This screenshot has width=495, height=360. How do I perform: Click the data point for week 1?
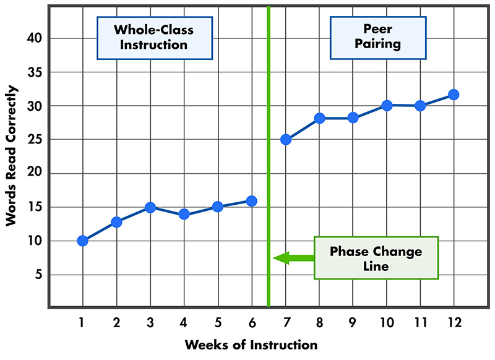pyautogui.click(x=82, y=241)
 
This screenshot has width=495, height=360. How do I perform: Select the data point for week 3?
pyautogui.click(x=150, y=207)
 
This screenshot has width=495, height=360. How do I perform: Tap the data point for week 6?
pyautogui.click(x=251, y=200)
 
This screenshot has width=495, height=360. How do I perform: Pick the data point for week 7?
pyautogui.click(x=285, y=139)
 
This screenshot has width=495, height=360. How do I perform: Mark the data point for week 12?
pyautogui.click(x=454, y=95)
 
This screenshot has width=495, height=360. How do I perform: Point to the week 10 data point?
pyautogui.click(x=386, y=105)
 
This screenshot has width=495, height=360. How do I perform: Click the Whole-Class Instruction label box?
pyautogui.click(x=153, y=37)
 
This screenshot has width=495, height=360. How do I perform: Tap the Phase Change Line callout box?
pyautogui.click(x=376, y=258)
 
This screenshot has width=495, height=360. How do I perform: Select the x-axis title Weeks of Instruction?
pyautogui.click(x=251, y=345)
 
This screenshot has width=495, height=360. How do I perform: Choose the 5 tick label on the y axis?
pyautogui.click(x=37, y=275)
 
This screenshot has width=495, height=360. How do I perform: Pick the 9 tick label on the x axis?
pyautogui.click(x=352, y=322)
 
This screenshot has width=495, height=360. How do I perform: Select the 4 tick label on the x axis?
pyautogui.click(x=184, y=322)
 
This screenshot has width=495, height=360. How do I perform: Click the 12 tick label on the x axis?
pyautogui.click(x=453, y=322)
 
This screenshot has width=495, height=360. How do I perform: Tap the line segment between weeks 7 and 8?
pyautogui.click(x=302, y=129)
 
